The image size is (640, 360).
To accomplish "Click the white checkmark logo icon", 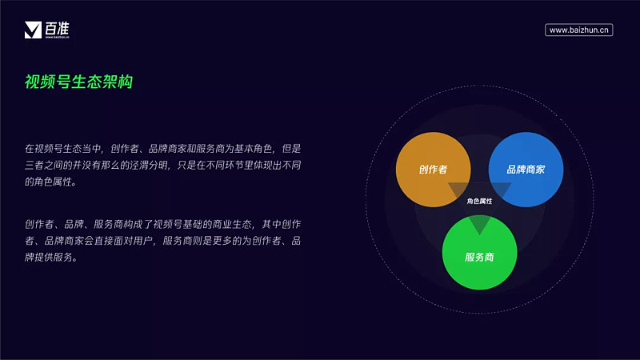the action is point(33,30).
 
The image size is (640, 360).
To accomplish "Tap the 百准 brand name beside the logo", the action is point(57,29).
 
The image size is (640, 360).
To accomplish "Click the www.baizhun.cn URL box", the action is point(578,30).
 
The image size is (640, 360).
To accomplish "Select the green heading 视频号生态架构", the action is point(78,82).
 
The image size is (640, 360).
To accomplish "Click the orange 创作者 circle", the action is point(433,170).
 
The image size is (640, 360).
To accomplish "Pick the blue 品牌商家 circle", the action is point(526,170).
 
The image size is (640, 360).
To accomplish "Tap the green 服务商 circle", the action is point(479,253).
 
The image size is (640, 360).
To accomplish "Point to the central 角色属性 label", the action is point(479,201).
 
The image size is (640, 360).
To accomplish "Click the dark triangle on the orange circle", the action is point(458,190).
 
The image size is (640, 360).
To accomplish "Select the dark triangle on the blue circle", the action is point(501,190).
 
